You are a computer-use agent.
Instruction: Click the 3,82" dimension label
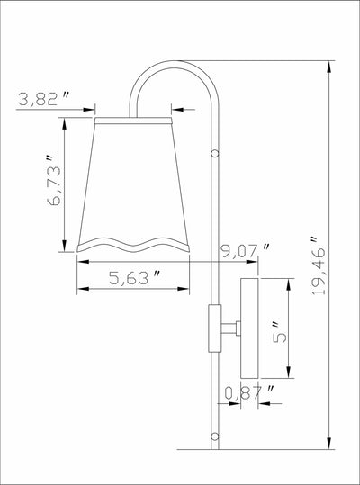[43, 99]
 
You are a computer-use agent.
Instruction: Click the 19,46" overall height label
[319, 265]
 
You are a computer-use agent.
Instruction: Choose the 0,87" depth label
[249, 393]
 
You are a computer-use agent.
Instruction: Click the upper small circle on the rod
[214, 153]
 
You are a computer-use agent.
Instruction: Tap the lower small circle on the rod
[214, 436]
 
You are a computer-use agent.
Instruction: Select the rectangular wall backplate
[249, 328]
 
